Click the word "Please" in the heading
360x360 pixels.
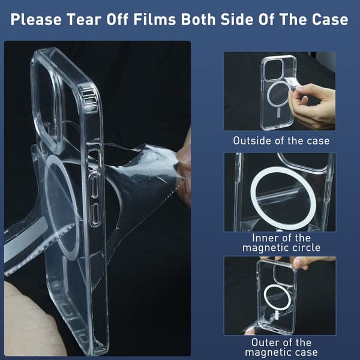[x=36, y=20]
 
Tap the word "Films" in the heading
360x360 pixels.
[x=154, y=19]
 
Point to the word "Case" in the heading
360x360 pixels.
[x=330, y=19]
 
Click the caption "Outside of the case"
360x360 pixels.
[x=281, y=140]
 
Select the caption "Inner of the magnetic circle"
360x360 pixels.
[x=281, y=242]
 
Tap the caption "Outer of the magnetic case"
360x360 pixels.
[x=281, y=347]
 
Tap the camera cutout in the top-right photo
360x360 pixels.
[x=265, y=69]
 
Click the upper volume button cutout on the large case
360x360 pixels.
[x=94, y=185]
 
